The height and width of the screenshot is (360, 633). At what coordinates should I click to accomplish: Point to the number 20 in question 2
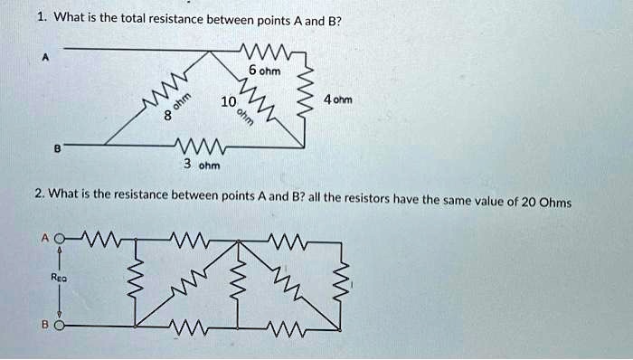pos(528,202)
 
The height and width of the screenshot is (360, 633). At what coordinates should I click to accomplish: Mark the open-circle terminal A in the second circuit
pos(59,240)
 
